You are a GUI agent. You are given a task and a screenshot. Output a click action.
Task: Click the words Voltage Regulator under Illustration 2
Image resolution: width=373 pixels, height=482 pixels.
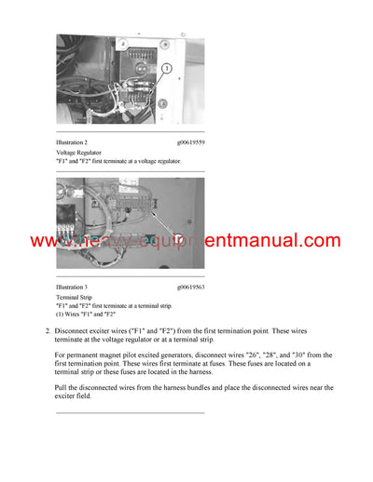point(77,152)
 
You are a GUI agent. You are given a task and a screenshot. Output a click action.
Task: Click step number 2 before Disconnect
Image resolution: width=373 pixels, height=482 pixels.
point(47,330)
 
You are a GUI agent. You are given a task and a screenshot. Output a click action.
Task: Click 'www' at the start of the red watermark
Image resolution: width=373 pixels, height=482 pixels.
point(48,242)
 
